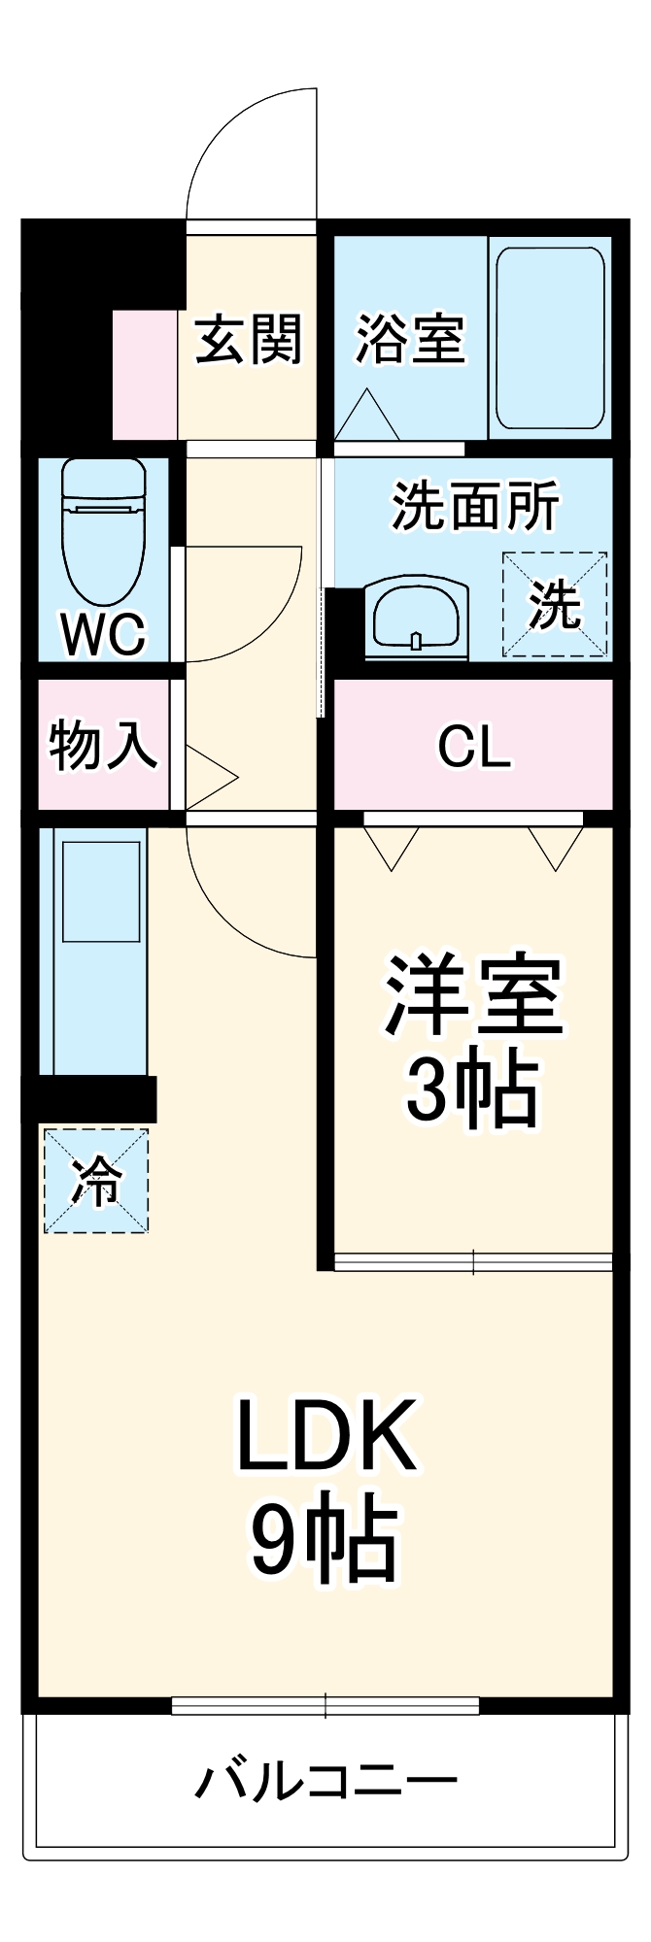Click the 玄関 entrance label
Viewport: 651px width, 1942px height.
point(250,340)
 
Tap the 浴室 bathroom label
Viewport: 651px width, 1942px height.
point(409,340)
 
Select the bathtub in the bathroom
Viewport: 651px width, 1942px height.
point(550,337)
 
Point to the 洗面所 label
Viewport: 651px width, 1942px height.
point(475,506)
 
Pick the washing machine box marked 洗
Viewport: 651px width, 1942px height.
point(555,605)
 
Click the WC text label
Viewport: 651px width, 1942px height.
point(103,635)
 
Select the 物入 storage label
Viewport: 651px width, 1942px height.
point(103,746)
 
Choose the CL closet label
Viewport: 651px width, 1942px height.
point(474,747)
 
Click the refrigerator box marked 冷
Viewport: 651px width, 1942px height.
point(96,1181)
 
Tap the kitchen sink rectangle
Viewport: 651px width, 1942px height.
point(101,891)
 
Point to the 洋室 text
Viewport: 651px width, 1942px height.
point(473,996)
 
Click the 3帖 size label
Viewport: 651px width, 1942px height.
point(473,1089)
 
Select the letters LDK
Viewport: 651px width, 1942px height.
point(326,1435)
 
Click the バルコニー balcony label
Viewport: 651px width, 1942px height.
point(326,1781)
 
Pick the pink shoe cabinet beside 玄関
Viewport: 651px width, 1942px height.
point(145,375)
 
